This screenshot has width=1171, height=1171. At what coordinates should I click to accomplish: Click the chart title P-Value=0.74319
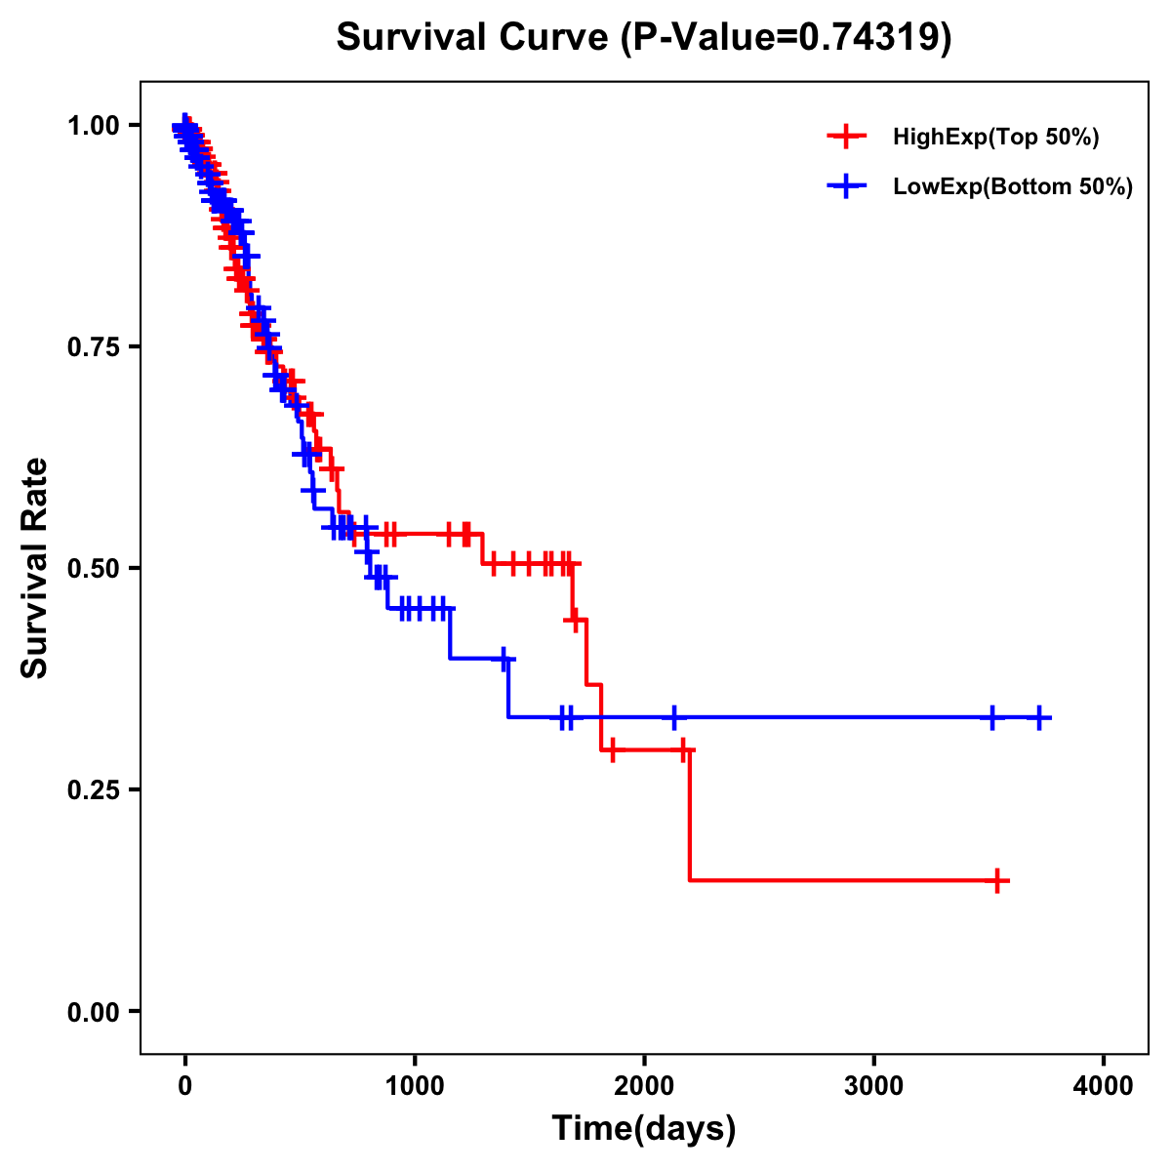coord(644,39)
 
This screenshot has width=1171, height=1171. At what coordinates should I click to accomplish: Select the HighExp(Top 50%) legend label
coord(996,138)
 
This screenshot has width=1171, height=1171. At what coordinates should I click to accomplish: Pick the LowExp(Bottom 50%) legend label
coord(1013,187)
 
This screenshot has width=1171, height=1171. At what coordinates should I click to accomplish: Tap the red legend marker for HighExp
coord(846,137)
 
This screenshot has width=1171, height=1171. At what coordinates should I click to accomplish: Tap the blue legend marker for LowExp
coord(846,186)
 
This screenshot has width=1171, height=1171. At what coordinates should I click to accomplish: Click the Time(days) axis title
coord(644,1129)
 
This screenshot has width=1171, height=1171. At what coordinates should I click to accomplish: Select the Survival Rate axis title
coord(35,567)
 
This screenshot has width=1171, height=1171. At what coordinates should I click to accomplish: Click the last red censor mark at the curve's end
coord(997,880)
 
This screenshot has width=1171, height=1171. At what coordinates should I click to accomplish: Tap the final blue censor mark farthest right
coord(1039,717)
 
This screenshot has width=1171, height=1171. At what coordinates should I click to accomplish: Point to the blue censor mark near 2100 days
coord(673,717)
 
